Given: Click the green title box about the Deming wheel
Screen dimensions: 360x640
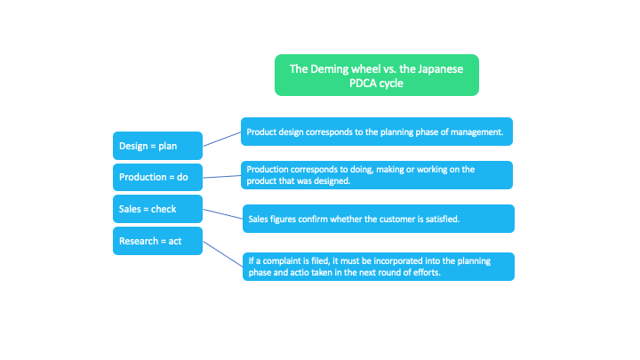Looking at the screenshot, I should pyautogui.click(x=376, y=75).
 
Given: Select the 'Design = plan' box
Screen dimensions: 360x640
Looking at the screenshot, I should pyautogui.click(x=157, y=144).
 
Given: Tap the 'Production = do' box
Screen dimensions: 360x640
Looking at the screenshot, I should pyautogui.click(x=157, y=177).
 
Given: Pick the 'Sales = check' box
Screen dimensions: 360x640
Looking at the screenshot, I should pyautogui.click(x=157, y=209).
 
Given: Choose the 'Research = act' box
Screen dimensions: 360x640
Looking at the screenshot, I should pyautogui.click(x=157, y=241).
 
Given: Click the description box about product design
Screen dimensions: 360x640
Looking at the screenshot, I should pyautogui.click(x=376, y=132).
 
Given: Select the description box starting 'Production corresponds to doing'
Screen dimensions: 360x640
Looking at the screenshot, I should pyautogui.click(x=376, y=175).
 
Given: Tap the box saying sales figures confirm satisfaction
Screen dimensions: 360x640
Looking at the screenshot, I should pyautogui.click(x=378, y=218).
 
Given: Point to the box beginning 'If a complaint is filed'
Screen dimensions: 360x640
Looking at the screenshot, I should pyautogui.click(x=378, y=267).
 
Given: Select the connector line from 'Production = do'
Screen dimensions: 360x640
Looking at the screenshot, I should pyautogui.click(x=221, y=176).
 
